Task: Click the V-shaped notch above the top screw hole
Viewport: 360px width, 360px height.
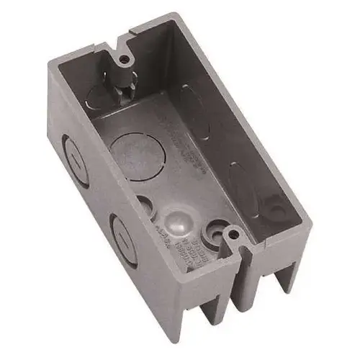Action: [x=120, y=34]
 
